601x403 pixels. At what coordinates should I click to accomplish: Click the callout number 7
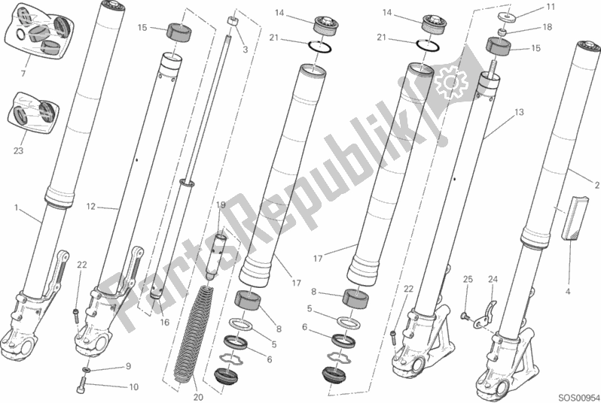[x=23, y=73]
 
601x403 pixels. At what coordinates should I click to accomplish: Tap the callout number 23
[x=18, y=151]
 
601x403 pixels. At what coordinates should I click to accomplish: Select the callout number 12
[x=90, y=207]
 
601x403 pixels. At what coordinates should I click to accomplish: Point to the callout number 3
[x=246, y=50]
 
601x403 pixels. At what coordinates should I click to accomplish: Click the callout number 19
[x=221, y=205]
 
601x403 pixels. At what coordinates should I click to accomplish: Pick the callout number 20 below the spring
[x=198, y=397]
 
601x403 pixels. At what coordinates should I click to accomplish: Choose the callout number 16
[x=164, y=323]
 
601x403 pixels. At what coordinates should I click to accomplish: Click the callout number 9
[x=128, y=366]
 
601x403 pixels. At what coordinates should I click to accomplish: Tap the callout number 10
[x=133, y=387]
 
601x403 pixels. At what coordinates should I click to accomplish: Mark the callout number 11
[x=551, y=7]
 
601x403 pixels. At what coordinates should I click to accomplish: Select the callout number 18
[x=548, y=27]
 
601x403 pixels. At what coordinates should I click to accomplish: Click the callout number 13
[x=519, y=112]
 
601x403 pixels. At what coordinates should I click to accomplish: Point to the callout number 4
[x=568, y=291]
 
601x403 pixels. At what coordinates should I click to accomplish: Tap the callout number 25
[x=468, y=280]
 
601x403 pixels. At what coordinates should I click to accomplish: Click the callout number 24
[x=493, y=280]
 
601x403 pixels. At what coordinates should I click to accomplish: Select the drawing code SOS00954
[x=578, y=397]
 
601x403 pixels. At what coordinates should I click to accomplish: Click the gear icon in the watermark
[x=450, y=82]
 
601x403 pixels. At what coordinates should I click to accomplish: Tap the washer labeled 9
[x=87, y=370]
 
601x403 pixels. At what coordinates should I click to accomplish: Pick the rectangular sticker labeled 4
[x=574, y=218]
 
